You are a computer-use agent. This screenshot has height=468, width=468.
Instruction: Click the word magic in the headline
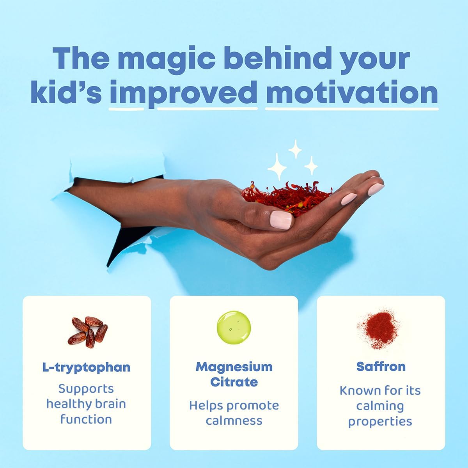pyautogui.click(x=164, y=58)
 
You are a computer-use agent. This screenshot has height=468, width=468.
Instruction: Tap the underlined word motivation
pyautogui.click(x=351, y=93)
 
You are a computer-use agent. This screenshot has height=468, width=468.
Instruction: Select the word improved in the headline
pyautogui.click(x=183, y=93)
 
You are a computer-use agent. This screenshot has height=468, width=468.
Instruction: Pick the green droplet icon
pyautogui.click(x=234, y=327)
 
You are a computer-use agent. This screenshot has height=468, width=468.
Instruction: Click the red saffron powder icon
pyautogui.click(x=379, y=326)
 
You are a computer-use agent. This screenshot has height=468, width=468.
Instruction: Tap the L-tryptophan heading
pyautogui.click(x=86, y=367)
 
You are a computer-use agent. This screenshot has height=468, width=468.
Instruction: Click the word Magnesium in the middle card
pyautogui.click(x=234, y=367)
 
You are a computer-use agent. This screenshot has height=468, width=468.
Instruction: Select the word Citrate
pyautogui.click(x=234, y=382)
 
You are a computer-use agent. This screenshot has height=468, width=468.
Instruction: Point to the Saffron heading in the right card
pyautogui.click(x=381, y=367)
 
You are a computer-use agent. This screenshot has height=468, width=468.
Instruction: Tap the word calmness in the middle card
pyautogui.click(x=234, y=420)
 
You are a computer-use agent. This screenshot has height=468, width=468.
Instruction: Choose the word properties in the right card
pyautogui.click(x=380, y=422)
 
